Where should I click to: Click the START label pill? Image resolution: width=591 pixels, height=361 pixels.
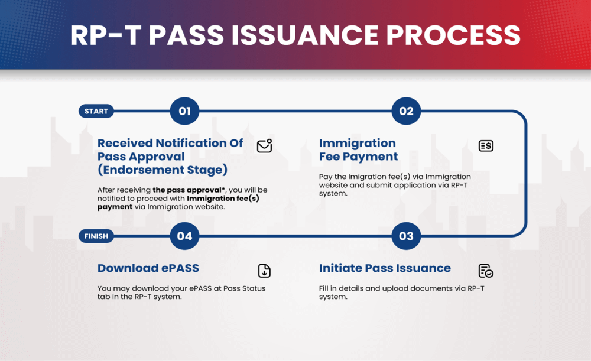(96, 111)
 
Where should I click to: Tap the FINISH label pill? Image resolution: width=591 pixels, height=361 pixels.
(96, 236)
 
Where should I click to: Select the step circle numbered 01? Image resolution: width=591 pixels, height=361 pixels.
(184, 111)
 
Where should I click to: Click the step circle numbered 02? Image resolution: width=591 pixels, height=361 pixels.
(406, 111)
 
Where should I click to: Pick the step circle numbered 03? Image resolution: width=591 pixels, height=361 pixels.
(406, 236)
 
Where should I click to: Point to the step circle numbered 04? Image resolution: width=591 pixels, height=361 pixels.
(184, 236)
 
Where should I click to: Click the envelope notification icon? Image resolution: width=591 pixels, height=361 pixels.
(265, 146)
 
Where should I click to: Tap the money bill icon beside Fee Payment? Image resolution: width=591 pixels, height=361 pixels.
(486, 146)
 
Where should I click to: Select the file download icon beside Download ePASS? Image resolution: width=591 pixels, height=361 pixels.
(264, 271)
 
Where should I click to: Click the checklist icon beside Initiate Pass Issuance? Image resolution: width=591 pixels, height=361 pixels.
(486, 271)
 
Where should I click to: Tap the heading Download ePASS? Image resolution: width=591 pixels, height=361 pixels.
(148, 268)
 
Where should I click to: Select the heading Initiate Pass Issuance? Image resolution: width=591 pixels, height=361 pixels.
(385, 268)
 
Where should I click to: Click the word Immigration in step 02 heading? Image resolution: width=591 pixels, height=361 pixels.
(358, 143)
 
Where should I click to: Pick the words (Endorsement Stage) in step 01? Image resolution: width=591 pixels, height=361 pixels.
(163, 170)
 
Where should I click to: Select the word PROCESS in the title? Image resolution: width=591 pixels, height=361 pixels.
(453, 35)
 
